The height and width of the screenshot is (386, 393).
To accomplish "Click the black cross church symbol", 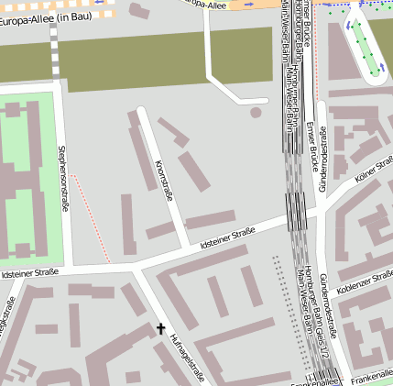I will tap(161, 327).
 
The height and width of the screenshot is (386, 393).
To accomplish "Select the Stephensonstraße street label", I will tap(63, 178).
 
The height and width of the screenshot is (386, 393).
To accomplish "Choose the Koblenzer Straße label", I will tap(365, 281).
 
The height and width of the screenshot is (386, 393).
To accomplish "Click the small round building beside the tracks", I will tap(255, 112).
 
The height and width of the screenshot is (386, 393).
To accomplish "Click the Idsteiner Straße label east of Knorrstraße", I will tap(227, 237).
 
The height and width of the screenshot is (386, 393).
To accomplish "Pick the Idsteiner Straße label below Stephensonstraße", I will tap(30, 272).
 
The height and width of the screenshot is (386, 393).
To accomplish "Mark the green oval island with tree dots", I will tap(366, 45).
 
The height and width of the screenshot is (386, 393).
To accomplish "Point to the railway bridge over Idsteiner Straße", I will tap(296, 212).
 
